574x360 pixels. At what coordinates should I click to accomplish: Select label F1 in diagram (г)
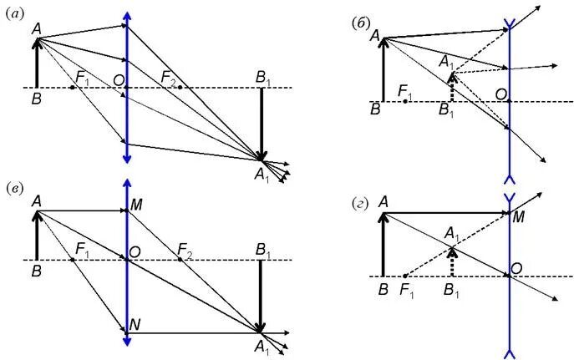(x=408, y=289)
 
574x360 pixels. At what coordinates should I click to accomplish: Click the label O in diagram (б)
(x=499, y=94)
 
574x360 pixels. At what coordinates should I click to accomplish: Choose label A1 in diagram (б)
(x=448, y=61)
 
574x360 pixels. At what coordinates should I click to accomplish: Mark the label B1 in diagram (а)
(x=265, y=77)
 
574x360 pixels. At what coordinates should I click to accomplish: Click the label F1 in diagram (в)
(x=82, y=249)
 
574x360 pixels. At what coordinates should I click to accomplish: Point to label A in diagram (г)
(x=384, y=201)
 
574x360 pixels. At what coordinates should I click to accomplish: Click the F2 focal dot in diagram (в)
(x=179, y=260)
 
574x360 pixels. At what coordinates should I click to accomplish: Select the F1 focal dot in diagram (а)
(x=73, y=87)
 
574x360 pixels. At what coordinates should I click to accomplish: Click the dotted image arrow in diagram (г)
(x=451, y=260)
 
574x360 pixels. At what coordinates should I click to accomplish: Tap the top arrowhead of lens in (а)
(x=126, y=17)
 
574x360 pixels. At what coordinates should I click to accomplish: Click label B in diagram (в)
(x=37, y=271)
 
